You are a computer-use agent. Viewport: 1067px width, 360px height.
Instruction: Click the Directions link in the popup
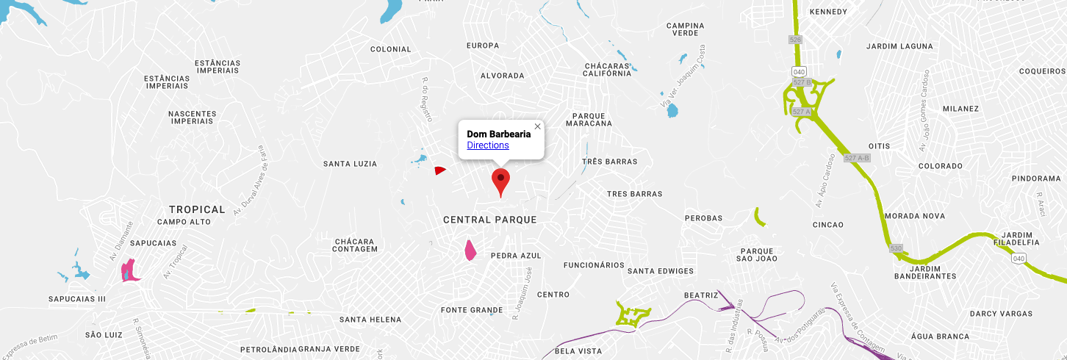[x=488, y=145]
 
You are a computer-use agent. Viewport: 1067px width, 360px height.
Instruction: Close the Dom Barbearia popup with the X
[x=537, y=126]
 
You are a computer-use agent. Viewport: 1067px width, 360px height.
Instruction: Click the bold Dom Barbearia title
[x=498, y=134]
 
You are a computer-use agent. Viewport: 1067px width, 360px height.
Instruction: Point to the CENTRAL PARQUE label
[x=489, y=220]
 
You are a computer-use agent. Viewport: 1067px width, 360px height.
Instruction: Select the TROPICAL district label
[x=197, y=209]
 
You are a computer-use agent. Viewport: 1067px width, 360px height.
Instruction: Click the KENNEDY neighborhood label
[x=828, y=12]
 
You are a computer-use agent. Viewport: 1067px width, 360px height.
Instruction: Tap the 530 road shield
[x=896, y=248]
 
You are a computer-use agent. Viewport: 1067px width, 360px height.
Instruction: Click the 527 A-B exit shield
[x=857, y=158]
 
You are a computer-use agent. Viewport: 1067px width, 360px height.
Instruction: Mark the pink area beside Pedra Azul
[x=470, y=250]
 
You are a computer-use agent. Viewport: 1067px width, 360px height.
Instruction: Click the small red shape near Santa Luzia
[x=439, y=170]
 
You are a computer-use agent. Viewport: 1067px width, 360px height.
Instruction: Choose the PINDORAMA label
[x=1035, y=179]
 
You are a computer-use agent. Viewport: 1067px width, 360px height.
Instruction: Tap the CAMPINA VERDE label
[x=685, y=29]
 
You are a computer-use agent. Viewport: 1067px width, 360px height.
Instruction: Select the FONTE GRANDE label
[x=472, y=310]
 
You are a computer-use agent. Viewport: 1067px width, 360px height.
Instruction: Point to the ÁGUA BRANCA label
[x=936, y=336]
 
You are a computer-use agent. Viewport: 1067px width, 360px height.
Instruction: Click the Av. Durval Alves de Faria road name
[x=250, y=181]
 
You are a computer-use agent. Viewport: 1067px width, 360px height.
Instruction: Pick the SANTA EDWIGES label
[x=661, y=271]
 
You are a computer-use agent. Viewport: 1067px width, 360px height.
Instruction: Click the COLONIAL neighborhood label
[x=391, y=49]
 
